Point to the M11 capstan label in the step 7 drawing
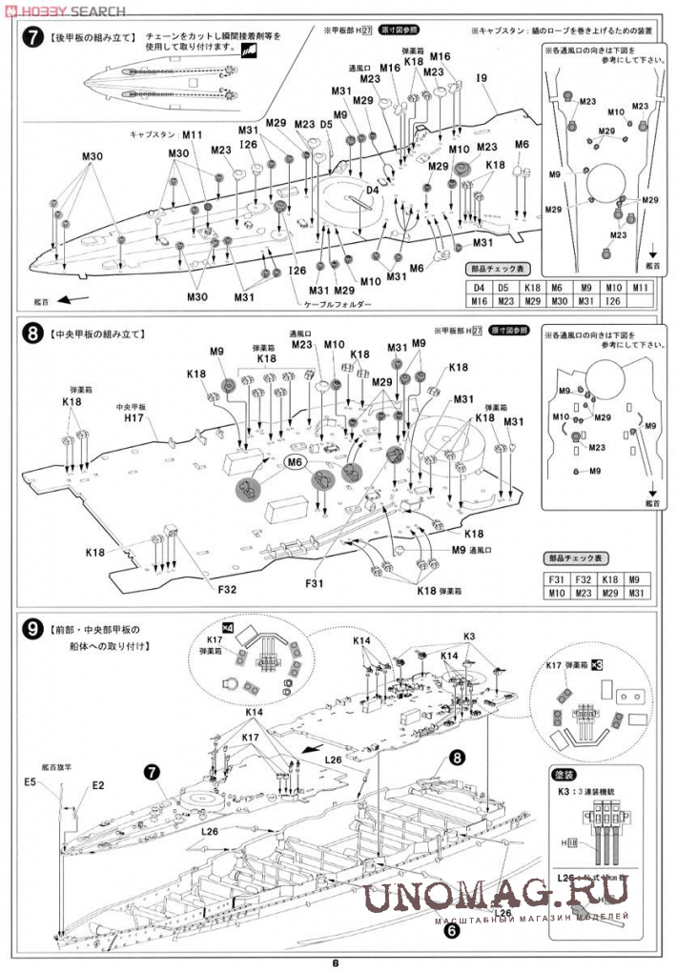pos(193,135)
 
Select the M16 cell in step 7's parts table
pos(478,301)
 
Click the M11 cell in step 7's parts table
pos(641,287)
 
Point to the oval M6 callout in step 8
pos(296,462)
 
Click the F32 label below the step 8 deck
pos(227,590)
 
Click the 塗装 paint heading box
pos(569,774)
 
